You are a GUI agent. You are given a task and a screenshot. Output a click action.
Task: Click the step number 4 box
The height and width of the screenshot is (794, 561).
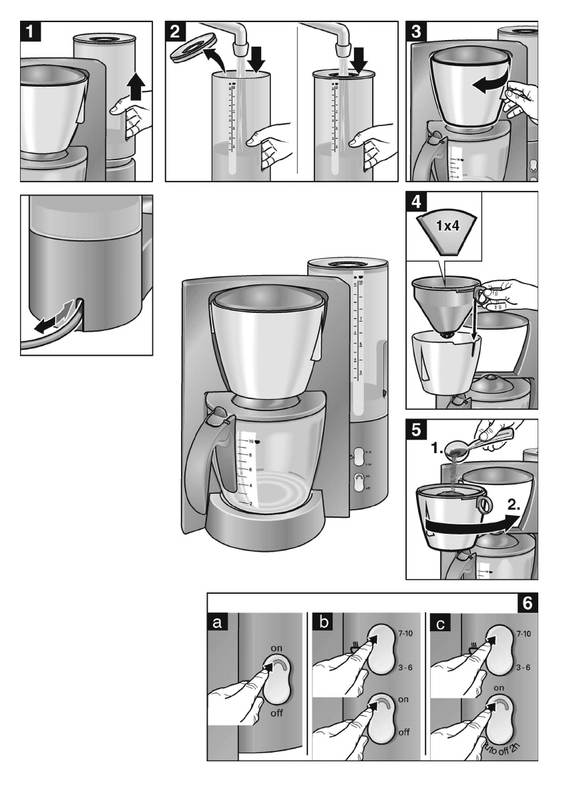tap(416, 202)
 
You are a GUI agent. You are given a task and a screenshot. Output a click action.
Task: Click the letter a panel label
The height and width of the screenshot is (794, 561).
tap(218, 623)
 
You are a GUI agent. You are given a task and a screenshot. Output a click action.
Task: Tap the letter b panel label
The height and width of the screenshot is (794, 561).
tap(323, 623)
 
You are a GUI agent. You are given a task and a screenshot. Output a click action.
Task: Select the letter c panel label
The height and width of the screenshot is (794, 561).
tap(427, 623)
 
